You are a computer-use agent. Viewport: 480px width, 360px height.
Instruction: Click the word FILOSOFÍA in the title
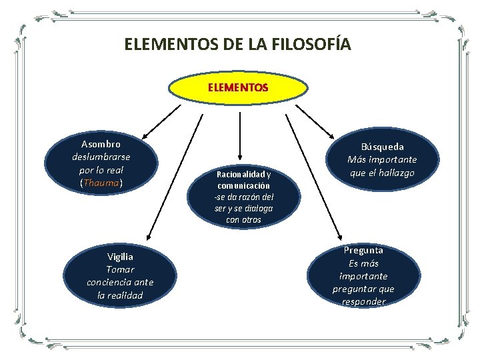311,45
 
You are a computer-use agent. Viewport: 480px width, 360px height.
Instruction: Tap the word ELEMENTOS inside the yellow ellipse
238,87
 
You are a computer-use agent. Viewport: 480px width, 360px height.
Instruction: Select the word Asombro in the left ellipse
101,144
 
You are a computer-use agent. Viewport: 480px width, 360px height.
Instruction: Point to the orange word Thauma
101,182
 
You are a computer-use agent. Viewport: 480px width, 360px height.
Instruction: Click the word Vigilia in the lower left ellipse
120,257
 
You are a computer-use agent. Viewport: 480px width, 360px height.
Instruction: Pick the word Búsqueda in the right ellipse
382,147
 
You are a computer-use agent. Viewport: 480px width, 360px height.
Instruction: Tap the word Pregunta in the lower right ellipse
363,250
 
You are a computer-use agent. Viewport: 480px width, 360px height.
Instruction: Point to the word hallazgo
396,173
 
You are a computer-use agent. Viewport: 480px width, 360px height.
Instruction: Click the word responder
363,301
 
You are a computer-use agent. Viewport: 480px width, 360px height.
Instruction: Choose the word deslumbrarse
101,157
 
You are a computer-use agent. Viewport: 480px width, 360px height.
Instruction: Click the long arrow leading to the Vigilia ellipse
175,177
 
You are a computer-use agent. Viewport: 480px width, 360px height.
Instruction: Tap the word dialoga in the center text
257,208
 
